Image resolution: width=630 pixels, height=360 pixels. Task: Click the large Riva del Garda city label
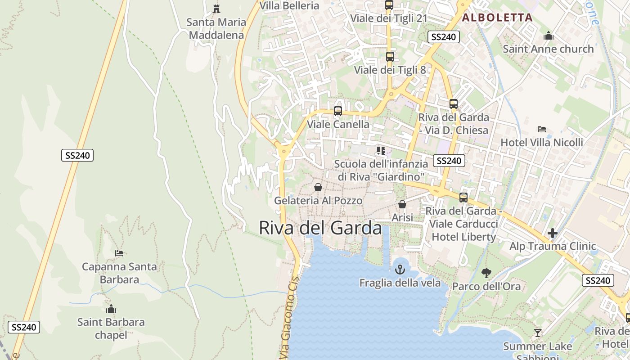(320, 228)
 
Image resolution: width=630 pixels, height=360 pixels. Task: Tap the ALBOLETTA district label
(497, 18)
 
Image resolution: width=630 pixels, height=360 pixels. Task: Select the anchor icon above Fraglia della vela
(400, 270)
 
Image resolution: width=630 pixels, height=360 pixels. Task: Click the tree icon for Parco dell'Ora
(486, 273)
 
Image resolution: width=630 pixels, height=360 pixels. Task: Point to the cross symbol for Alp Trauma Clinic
(553, 233)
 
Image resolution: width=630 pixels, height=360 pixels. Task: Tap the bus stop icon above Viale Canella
(338, 111)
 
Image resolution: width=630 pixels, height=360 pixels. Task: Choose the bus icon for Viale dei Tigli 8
(390, 57)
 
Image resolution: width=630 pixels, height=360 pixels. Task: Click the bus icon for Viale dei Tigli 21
(389, 5)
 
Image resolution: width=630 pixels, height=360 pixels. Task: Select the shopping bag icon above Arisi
(402, 204)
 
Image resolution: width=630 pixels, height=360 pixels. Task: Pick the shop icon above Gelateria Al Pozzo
(318, 187)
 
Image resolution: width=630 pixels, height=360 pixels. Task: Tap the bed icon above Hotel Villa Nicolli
(542, 129)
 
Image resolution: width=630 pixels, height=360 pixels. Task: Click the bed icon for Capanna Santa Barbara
(119, 253)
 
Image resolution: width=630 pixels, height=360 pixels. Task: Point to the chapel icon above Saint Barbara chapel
(111, 309)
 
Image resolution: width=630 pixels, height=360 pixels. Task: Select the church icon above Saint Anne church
(549, 35)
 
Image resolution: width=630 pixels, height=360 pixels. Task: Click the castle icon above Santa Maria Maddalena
(216, 9)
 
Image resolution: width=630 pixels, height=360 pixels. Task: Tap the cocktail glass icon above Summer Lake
(537, 333)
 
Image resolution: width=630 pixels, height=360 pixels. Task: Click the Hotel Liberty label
(463, 237)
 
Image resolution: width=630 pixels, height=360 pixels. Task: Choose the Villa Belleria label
(289, 5)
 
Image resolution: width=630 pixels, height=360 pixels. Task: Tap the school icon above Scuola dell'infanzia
(381, 150)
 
